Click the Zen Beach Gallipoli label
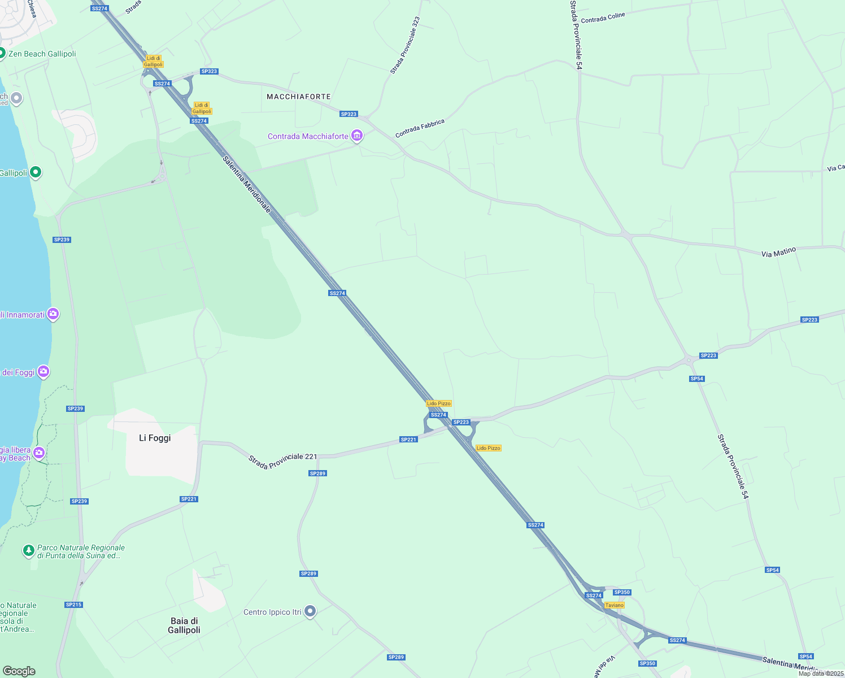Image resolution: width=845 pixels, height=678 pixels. click(x=42, y=54)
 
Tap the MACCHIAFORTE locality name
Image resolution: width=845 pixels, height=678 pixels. click(x=298, y=97)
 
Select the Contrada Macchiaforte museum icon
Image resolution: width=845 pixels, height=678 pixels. click(x=356, y=136)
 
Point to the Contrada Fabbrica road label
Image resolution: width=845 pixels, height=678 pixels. click(x=420, y=128)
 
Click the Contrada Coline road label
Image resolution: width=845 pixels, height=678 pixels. click(x=603, y=18)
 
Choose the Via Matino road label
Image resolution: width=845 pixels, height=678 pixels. click(x=778, y=252)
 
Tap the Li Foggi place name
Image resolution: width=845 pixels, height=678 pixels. click(x=155, y=438)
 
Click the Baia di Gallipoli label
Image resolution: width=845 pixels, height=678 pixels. click(x=184, y=625)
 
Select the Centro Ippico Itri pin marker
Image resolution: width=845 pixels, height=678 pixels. click(x=310, y=611)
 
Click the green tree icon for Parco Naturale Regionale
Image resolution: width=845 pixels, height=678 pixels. click(x=28, y=550)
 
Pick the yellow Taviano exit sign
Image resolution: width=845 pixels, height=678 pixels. click(x=614, y=605)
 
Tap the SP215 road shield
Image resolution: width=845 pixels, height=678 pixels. click(x=73, y=605)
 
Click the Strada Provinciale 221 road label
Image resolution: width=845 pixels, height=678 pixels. click(x=282, y=460)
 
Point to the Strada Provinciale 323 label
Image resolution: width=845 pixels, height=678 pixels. click(x=405, y=45)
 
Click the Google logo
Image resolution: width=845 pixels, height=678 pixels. click(x=19, y=671)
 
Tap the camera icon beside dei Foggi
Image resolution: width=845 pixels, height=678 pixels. click(x=44, y=372)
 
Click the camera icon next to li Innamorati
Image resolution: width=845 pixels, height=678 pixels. click(x=53, y=314)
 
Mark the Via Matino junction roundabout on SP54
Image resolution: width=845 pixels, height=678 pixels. click(x=625, y=233)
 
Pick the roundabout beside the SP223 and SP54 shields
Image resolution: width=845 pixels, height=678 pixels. click(x=689, y=359)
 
